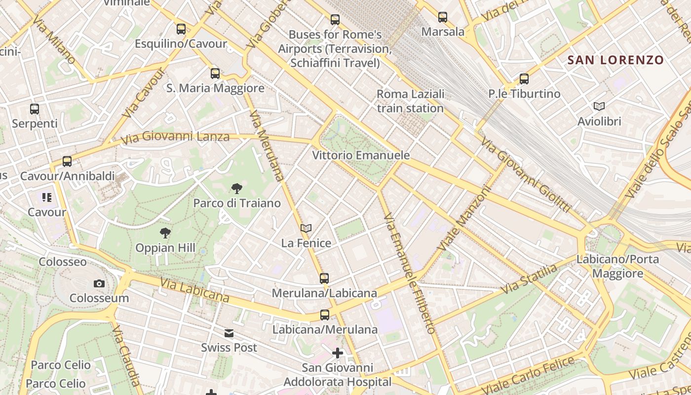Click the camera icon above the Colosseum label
99,283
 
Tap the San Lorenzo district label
615,60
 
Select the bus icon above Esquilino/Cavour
181,29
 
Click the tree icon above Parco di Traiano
237,188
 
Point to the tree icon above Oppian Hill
165,233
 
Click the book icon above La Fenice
306,228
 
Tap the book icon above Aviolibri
599,106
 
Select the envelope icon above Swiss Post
229,333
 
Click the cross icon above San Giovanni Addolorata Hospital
338,353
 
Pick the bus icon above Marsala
443,17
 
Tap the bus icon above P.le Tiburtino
524,79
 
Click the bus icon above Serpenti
35,109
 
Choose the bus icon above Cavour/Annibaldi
67,161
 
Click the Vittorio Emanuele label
361,156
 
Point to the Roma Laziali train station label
410,101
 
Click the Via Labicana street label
194,289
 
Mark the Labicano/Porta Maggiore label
617,266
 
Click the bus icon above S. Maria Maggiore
215,74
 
